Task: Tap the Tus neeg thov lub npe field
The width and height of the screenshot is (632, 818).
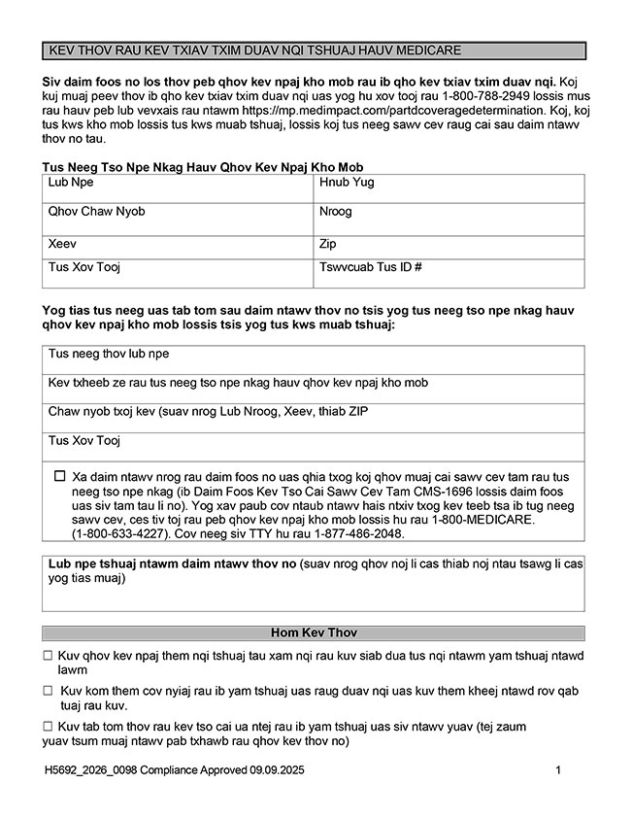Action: coord(315,359)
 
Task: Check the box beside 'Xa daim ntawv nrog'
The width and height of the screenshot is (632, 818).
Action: coord(60,476)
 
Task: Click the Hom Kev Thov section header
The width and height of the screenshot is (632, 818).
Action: coord(315,633)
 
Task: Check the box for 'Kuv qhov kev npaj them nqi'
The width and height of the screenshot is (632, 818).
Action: coord(48,657)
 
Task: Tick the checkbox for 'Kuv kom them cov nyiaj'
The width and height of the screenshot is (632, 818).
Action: coord(48,691)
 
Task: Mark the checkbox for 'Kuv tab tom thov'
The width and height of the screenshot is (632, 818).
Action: coord(48,727)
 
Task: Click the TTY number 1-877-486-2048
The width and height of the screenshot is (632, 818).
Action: coord(386,534)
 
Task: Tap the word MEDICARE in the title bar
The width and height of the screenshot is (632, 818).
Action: coord(426,50)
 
